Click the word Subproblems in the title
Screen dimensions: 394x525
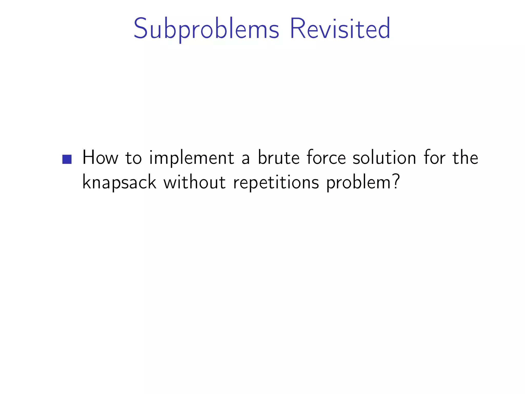tap(206, 29)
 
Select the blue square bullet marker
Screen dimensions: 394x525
tap(67, 159)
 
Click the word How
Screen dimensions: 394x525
tap(100, 157)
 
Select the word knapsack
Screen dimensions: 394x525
tap(119, 183)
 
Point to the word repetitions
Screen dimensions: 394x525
tap(276, 183)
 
